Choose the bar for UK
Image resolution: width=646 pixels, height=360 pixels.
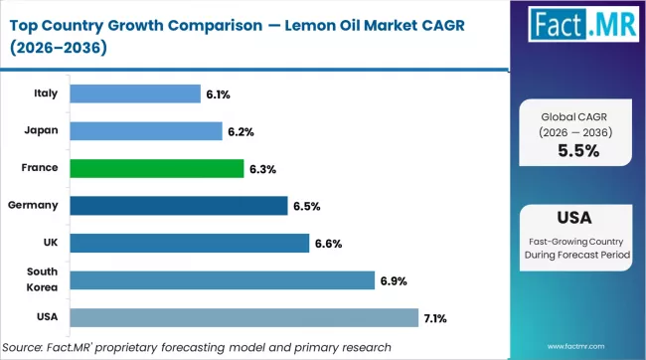click(x=190, y=243)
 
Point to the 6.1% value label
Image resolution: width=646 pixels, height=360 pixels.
click(x=218, y=94)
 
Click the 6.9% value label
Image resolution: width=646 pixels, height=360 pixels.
click(x=393, y=280)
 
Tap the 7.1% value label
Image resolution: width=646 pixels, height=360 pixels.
click(x=436, y=318)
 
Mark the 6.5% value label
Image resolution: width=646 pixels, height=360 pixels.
click(x=305, y=206)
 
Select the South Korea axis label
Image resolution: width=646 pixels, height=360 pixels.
click(x=41, y=279)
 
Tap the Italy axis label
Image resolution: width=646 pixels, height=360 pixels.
click(x=45, y=93)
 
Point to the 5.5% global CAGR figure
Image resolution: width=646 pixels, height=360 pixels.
click(x=577, y=152)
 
